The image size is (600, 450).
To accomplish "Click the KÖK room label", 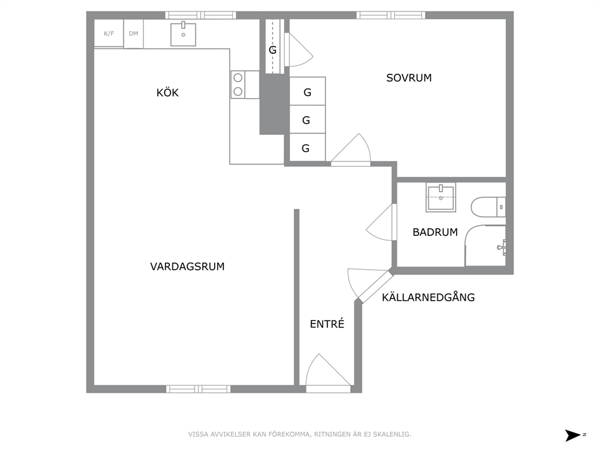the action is (168, 93).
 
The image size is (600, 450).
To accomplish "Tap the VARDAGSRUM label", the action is (187, 267).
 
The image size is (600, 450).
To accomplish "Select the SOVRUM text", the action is (409, 78).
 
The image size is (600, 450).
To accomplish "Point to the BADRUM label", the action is (435, 232).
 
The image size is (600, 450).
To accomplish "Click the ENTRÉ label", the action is (327, 324).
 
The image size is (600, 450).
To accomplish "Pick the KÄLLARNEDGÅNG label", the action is (428, 297).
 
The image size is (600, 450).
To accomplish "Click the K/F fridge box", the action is (109, 34).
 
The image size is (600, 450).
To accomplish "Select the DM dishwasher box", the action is (134, 34).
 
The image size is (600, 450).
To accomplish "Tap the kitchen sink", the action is (183, 34).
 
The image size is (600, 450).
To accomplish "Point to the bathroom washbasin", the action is (441, 197).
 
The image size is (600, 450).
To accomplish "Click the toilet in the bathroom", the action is (488, 207).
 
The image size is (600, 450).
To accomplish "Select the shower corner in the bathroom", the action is (485, 246).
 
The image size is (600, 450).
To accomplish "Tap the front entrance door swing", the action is (328, 370).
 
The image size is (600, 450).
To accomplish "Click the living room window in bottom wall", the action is (198, 389).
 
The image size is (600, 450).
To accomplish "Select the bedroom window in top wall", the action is (391, 15).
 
